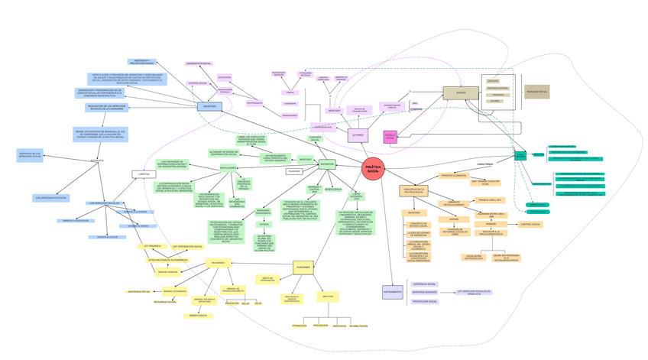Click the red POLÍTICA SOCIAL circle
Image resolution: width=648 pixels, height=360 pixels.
click(x=373, y=169)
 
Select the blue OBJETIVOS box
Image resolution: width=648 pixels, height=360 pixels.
click(x=209, y=106)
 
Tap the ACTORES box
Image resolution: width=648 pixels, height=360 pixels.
click(x=358, y=135)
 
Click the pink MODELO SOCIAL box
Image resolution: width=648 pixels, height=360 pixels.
click(x=390, y=137)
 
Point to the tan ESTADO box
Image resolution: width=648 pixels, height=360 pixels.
click(x=461, y=93)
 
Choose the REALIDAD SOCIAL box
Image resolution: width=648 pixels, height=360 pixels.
click(x=536, y=92)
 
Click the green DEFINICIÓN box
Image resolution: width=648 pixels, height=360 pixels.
click(x=327, y=164)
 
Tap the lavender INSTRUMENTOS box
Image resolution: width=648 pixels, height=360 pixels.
click(x=392, y=291)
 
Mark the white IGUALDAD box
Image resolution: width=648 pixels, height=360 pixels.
click(x=294, y=171)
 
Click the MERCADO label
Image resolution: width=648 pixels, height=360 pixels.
click(x=335, y=111)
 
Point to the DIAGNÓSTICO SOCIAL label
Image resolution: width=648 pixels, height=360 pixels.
click(x=202, y=63)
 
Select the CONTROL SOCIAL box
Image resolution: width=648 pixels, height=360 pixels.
click(x=530, y=225)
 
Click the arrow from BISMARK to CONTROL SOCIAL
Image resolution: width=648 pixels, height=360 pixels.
click(x=507, y=225)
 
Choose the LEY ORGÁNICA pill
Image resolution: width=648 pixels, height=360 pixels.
click(x=152, y=246)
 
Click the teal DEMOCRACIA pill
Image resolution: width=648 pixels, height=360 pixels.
click(x=538, y=205)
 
